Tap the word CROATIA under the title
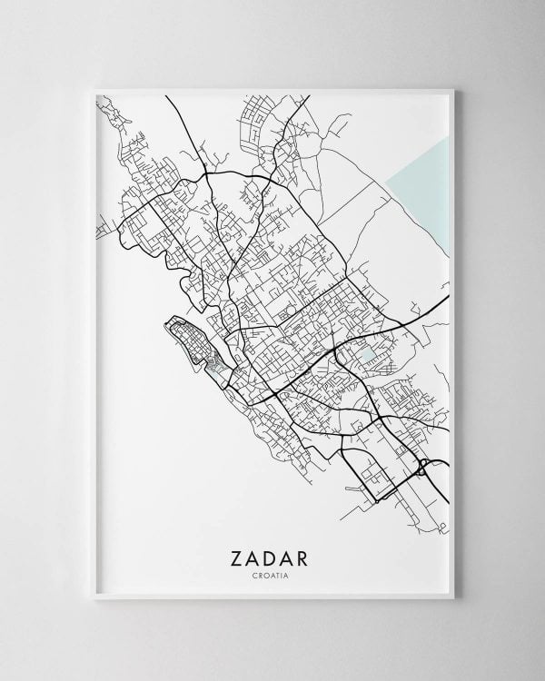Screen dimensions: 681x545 coord(272,573)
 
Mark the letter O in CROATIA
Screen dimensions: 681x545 coord(265,573)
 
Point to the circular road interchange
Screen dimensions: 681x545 coord(424,469)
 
